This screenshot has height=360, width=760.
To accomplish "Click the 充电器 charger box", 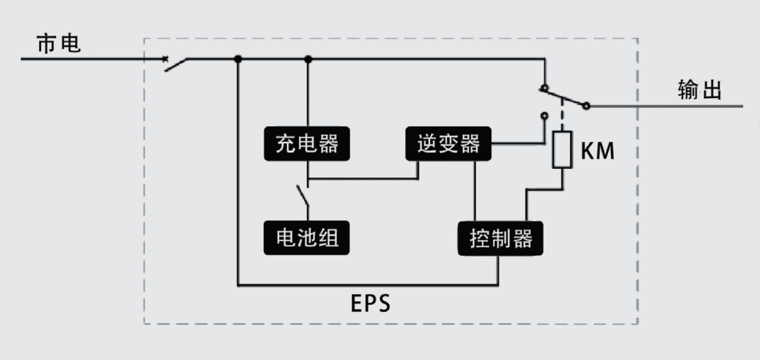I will (x=307, y=144).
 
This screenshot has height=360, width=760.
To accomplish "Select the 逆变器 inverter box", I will (x=448, y=144).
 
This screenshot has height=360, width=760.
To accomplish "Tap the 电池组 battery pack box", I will (x=306, y=238).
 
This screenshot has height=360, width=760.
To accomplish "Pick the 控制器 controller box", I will (x=500, y=239).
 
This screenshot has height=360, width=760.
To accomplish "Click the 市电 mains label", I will (x=58, y=44).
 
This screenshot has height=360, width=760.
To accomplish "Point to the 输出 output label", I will (x=699, y=90).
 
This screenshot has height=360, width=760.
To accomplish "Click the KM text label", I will (x=598, y=151).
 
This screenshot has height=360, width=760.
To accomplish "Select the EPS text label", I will (x=370, y=304).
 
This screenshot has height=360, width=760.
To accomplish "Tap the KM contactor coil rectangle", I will (x=562, y=150).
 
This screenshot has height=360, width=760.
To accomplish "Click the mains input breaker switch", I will (x=175, y=64).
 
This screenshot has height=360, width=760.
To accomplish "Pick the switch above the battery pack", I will (x=303, y=196).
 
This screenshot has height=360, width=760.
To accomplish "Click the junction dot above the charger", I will (x=309, y=59).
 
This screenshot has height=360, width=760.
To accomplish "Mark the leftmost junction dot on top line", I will (x=238, y=59).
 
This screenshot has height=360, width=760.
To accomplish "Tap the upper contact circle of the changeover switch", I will (x=544, y=88).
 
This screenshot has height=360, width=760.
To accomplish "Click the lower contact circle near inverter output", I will (x=544, y=116).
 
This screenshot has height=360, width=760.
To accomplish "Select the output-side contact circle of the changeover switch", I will (x=586, y=106).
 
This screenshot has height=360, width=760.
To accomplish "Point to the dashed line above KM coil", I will (x=562, y=115).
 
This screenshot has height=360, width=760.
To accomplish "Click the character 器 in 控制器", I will (x=523, y=239).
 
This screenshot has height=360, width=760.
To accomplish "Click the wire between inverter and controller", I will (x=475, y=190).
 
